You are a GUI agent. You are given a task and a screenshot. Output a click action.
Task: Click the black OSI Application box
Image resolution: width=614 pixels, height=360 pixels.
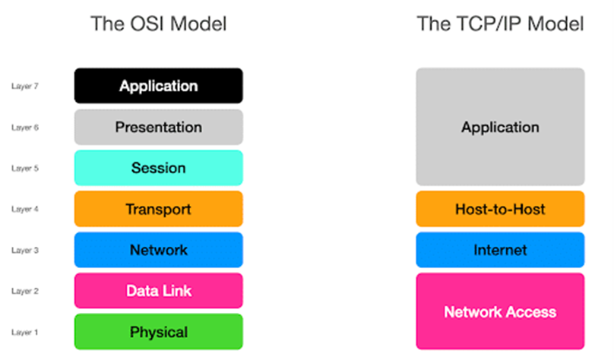point(159,86)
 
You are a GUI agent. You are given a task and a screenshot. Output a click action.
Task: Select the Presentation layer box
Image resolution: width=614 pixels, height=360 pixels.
point(159,127)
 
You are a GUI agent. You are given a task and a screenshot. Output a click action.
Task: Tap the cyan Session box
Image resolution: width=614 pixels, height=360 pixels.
point(159,168)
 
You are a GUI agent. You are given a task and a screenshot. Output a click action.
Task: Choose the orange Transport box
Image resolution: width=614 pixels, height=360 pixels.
point(159,209)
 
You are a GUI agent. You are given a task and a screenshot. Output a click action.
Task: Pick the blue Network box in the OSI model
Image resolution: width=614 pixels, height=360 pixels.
point(159,250)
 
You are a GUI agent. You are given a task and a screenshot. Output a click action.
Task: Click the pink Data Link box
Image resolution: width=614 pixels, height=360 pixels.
point(159,291)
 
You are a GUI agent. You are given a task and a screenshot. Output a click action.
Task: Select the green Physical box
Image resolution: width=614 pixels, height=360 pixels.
point(159,332)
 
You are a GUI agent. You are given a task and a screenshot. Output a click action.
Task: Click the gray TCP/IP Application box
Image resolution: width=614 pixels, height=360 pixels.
point(500,127)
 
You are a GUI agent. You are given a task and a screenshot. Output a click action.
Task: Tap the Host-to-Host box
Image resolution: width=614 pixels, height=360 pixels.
point(500,209)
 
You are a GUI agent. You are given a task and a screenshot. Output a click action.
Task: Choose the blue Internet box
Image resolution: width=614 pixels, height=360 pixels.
point(500,250)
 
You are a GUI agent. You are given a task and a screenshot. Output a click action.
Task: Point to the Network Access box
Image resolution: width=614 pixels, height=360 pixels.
point(500,311)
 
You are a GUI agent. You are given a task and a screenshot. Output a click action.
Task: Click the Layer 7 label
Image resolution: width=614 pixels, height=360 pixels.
point(25,86)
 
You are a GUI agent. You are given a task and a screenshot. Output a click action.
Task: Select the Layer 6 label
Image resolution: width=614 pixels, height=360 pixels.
point(25,128)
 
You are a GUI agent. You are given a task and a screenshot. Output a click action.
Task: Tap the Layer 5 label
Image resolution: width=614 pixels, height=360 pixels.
point(25,169)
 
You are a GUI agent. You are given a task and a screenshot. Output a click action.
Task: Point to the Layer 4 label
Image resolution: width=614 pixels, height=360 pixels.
point(25,209)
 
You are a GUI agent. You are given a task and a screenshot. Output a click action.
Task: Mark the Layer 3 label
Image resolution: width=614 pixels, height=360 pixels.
point(25,250)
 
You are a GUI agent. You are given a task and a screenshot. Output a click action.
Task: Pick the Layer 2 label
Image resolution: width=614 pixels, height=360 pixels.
point(25,291)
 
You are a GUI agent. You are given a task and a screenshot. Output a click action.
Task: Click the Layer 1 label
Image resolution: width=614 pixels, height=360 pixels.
point(25,332)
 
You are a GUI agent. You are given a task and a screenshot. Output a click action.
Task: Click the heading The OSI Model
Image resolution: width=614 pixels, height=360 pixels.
point(159,24)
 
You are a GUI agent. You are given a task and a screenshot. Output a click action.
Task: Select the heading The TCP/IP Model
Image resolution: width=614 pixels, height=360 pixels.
point(500,24)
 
